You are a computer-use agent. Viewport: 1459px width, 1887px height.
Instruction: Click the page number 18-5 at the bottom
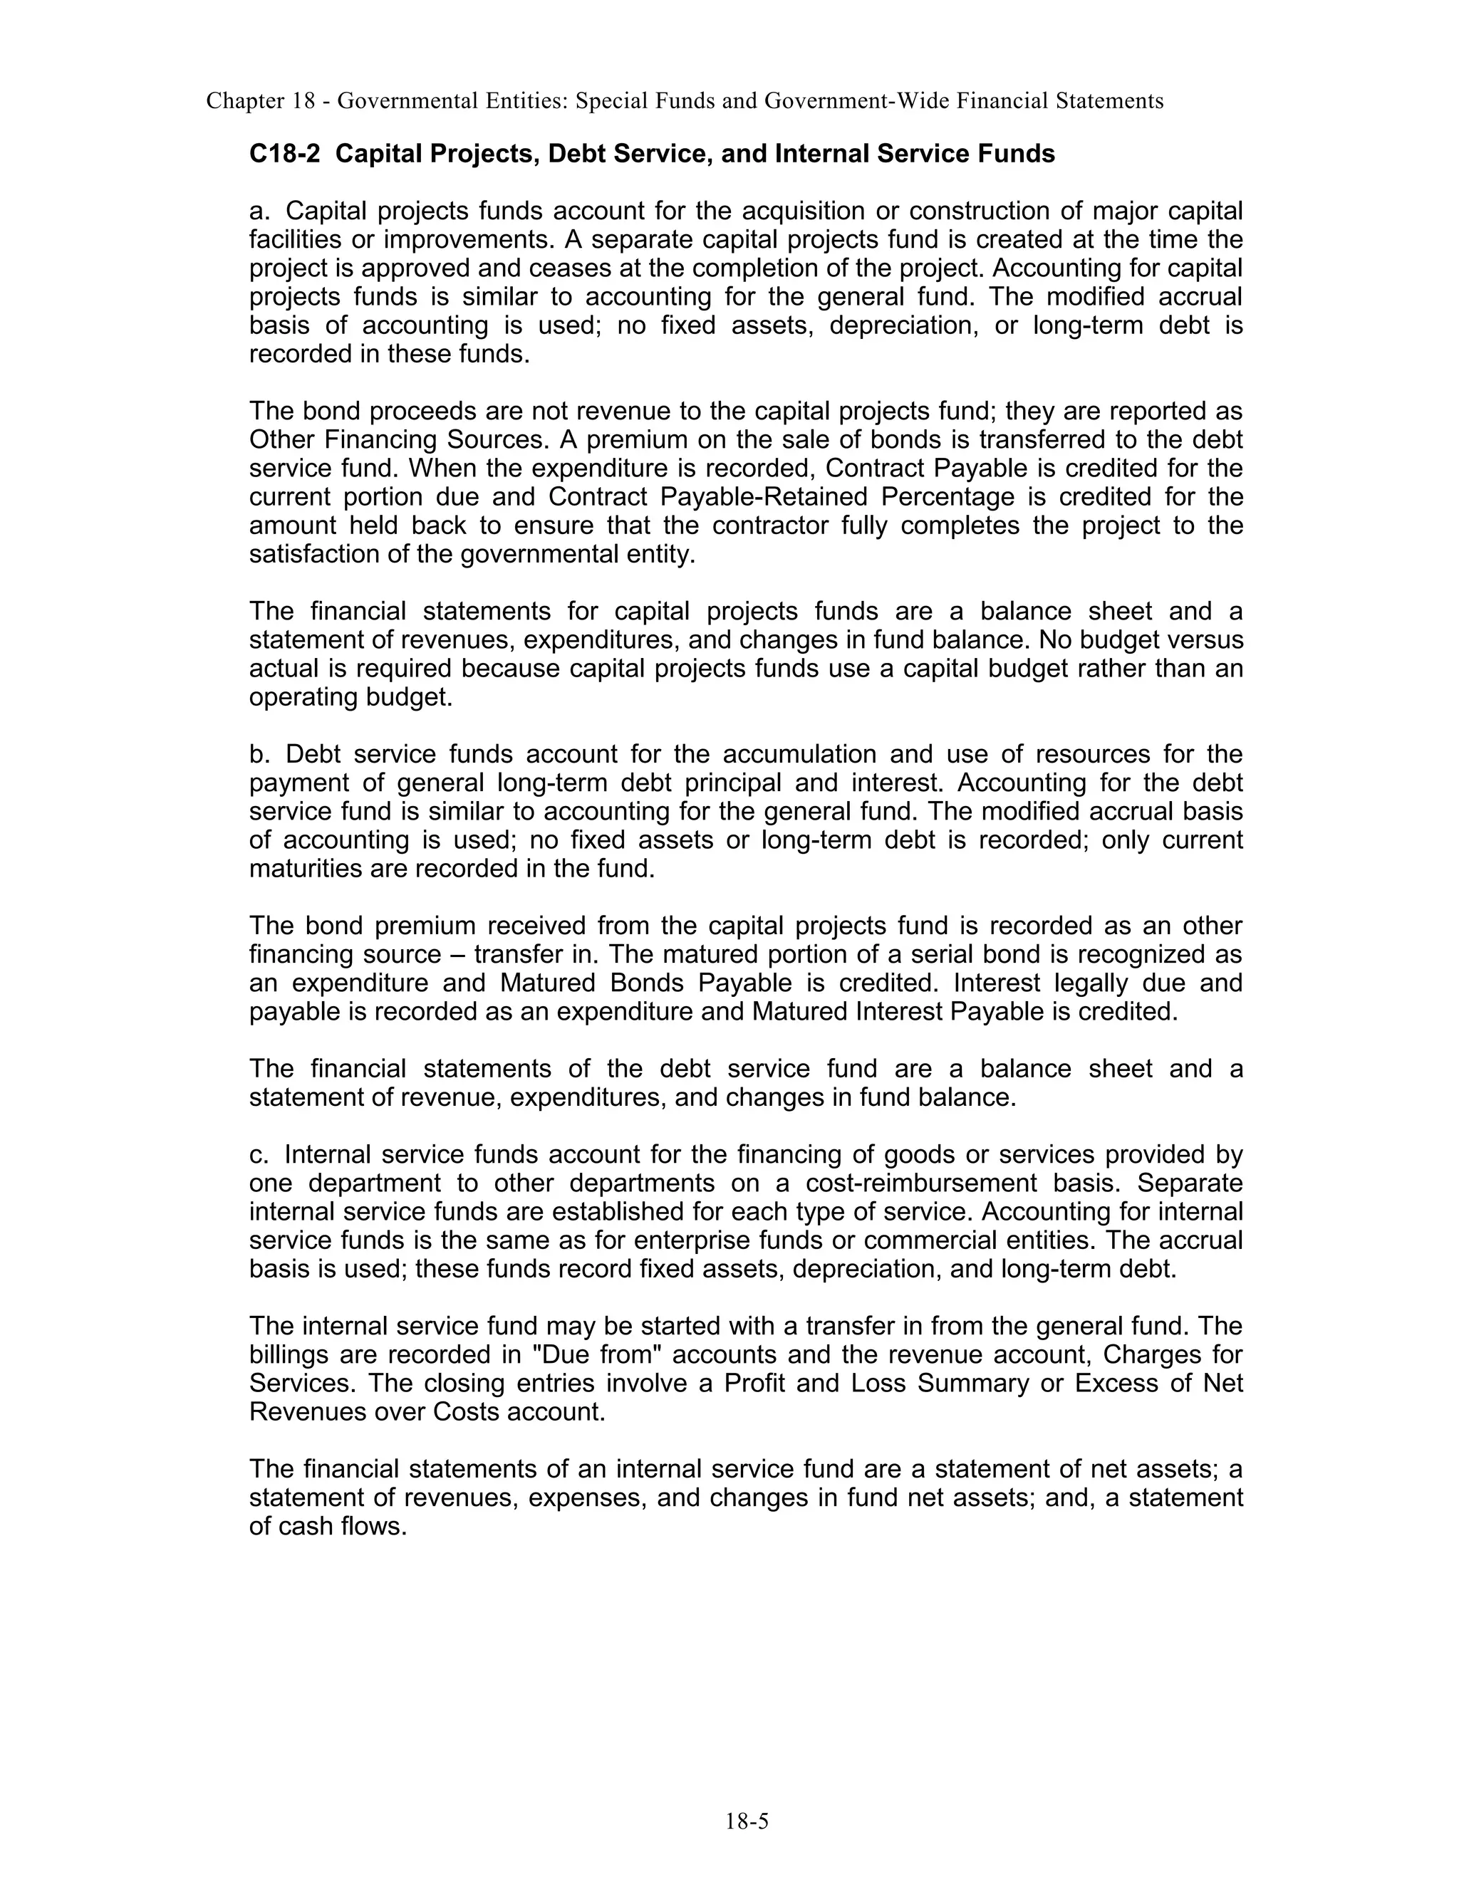[x=746, y=1822]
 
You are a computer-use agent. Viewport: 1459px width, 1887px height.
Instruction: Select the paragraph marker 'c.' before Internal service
[x=260, y=1154]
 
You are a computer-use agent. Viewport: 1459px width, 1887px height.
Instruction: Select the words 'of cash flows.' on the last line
[x=328, y=1526]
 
